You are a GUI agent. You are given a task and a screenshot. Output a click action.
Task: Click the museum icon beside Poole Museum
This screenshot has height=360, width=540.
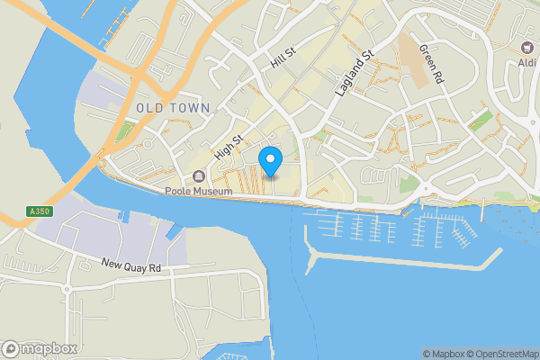pyautogui.click(x=198, y=175)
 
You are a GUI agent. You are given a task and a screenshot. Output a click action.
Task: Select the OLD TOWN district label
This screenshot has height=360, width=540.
pyautogui.click(x=173, y=108)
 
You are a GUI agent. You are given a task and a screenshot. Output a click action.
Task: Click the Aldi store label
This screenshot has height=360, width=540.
pyautogui.click(x=526, y=62)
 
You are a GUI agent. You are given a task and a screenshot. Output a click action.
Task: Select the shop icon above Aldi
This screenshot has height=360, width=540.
pyautogui.click(x=527, y=47)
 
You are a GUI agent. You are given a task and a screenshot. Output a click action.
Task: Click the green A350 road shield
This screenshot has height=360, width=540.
pyautogui.click(x=38, y=211)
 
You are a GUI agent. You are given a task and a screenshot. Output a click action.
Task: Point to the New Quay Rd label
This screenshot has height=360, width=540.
pyautogui.click(x=130, y=266)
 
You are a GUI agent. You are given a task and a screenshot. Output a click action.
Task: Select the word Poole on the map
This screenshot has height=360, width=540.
pyautogui.click(x=178, y=190)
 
